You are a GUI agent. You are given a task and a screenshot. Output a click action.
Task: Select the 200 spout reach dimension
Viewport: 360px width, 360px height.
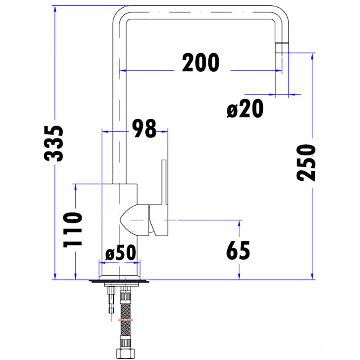[200, 63]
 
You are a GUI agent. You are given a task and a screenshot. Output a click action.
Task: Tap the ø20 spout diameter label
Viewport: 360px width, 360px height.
[245, 109]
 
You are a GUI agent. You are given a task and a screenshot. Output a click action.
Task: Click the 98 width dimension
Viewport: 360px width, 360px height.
[144, 128]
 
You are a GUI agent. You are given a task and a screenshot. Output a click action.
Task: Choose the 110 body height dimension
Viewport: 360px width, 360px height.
[72, 229]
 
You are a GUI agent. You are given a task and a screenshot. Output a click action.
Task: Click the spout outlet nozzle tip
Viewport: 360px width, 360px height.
[282, 47]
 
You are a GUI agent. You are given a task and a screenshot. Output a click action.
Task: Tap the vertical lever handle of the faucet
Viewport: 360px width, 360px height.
[164, 184]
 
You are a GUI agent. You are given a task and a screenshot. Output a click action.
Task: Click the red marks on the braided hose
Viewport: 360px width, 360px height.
[125, 320]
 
